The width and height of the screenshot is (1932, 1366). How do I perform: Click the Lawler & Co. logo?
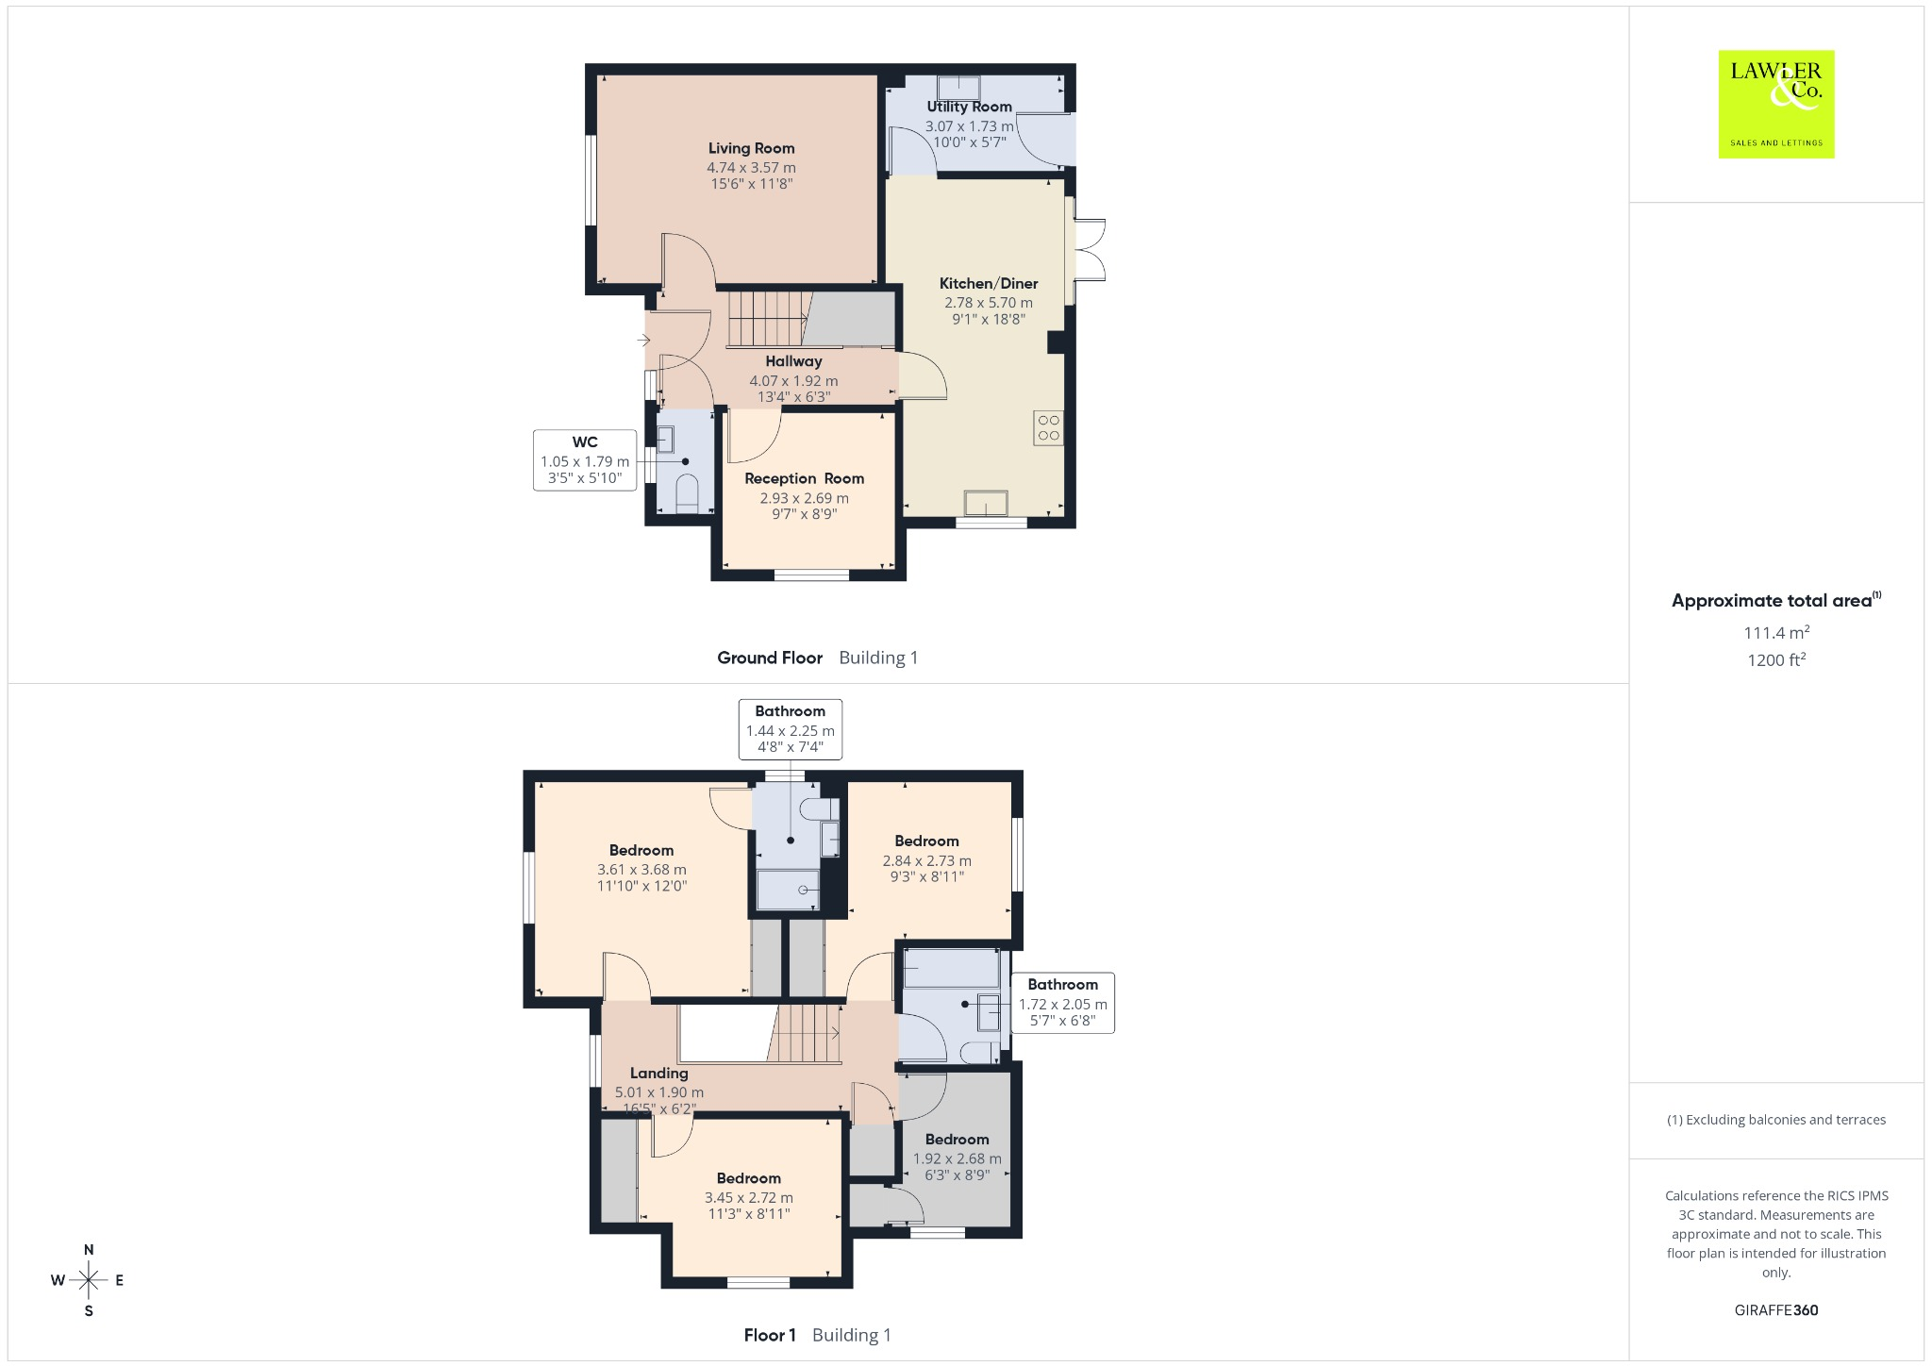[1776, 104]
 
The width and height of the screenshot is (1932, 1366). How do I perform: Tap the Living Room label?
[751, 148]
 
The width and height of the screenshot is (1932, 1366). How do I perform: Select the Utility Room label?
[969, 107]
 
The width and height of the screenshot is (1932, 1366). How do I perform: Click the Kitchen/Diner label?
[989, 283]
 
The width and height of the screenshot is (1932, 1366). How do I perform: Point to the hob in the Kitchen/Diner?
[1049, 427]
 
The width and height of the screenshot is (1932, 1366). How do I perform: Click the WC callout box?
[585, 460]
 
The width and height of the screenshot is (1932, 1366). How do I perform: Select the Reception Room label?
[804, 478]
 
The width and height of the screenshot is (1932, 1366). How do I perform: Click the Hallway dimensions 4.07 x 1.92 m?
[793, 381]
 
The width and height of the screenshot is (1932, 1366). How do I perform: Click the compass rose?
[89, 1280]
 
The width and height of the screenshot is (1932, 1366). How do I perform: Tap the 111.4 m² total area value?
[1776, 632]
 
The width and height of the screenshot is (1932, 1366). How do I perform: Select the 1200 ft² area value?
[1776, 659]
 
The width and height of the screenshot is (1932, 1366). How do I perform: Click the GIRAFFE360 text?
[1776, 1310]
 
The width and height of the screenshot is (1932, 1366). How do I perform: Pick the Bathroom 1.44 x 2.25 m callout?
[790, 729]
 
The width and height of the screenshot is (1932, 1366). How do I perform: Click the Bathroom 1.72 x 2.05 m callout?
[1062, 1003]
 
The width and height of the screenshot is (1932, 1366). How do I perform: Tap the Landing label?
[658, 1073]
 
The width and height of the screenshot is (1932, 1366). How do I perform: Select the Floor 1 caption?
[770, 1335]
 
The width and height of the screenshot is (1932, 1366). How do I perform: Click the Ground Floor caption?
[770, 658]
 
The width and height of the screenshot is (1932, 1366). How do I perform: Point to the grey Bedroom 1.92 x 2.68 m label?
[957, 1140]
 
